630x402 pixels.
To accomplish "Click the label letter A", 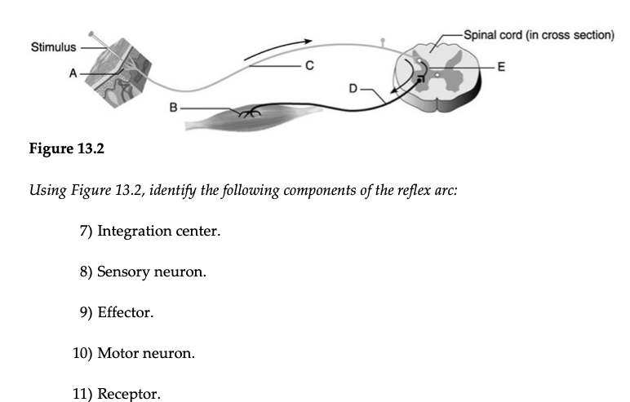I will pyautogui.click(x=72, y=73).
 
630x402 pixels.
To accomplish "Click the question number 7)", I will pyautogui.click(x=87, y=231).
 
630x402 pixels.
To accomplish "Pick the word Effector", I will pyautogui.click(x=125, y=313).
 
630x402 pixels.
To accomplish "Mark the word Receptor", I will pyautogui.click(x=129, y=395).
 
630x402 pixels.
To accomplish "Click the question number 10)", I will pyautogui.click(x=83, y=354).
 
